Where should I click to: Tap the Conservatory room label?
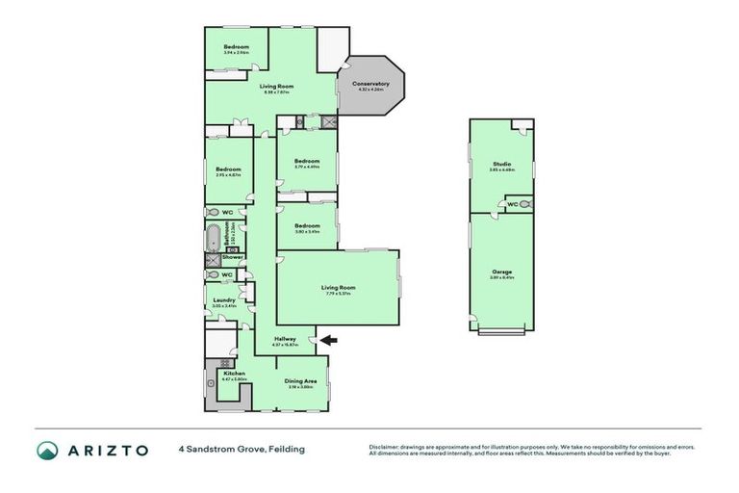click(371, 84)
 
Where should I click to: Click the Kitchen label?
click(234, 374)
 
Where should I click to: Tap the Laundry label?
click(224, 300)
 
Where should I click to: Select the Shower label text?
click(233, 258)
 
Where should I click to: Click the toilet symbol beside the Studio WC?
click(525, 205)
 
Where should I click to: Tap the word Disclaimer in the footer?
click(386, 447)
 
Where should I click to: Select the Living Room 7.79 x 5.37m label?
click(338, 288)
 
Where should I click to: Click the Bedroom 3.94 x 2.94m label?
click(237, 47)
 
